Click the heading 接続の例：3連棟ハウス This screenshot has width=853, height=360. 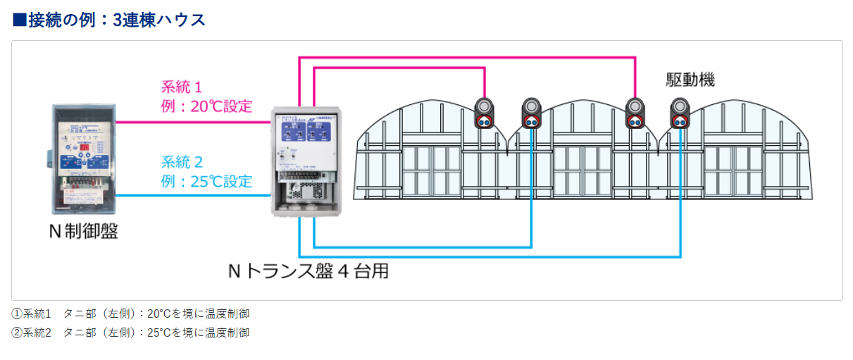(116, 20)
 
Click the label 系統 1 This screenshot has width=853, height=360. (182, 88)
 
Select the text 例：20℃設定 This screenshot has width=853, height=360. (206, 107)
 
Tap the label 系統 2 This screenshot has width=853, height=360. (182, 162)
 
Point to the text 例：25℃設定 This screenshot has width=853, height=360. (206, 181)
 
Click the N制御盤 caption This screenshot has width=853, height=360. (83, 231)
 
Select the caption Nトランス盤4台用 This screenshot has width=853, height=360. (308, 271)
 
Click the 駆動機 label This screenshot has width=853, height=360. (690, 80)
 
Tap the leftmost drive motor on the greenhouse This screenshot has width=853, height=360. (485, 113)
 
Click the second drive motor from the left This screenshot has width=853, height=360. (531, 113)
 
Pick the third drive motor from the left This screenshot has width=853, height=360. (635, 113)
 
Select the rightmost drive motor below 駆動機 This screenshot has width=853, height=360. (680, 113)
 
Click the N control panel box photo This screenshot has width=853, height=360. (83, 159)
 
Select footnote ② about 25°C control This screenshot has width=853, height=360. (131, 333)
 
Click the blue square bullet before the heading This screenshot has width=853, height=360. (20, 20)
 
